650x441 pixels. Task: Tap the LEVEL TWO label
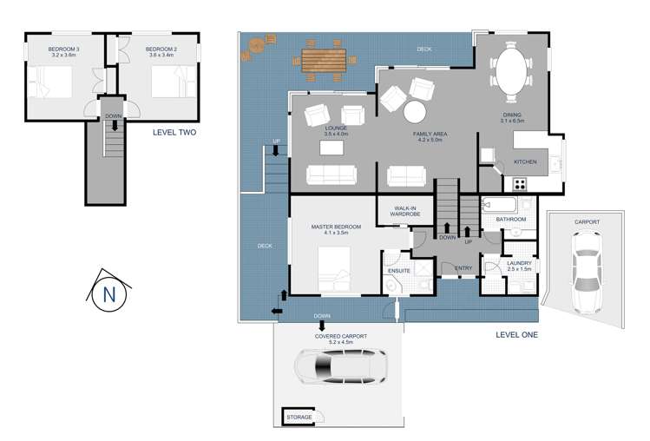pyautogui.click(x=174, y=133)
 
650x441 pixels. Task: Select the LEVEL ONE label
pyautogui.click(x=516, y=334)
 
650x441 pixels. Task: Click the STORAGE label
pyautogui.click(x=299, y=418)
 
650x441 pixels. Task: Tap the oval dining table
pyautogui.click(x=510, y=69)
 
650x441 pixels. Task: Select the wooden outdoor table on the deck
pyautogui.click(x=324, y=60)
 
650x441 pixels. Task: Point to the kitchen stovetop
pyautogui.click(x=521, y=183)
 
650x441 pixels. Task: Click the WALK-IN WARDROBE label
pyautogui.click(x=405, y=211)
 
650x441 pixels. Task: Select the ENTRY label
pyautogui.click(x=463, y=268)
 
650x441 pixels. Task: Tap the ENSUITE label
pyautogui.click(x=399, y=271)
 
